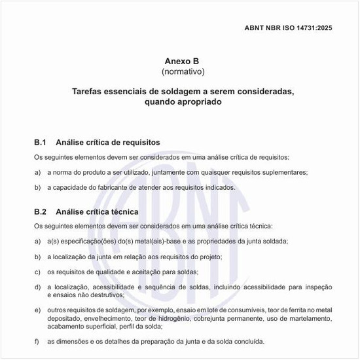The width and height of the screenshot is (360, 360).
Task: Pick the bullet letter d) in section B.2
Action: click(x=37, y=287)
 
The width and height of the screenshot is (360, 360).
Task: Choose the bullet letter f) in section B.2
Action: click(x=37, y=340)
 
